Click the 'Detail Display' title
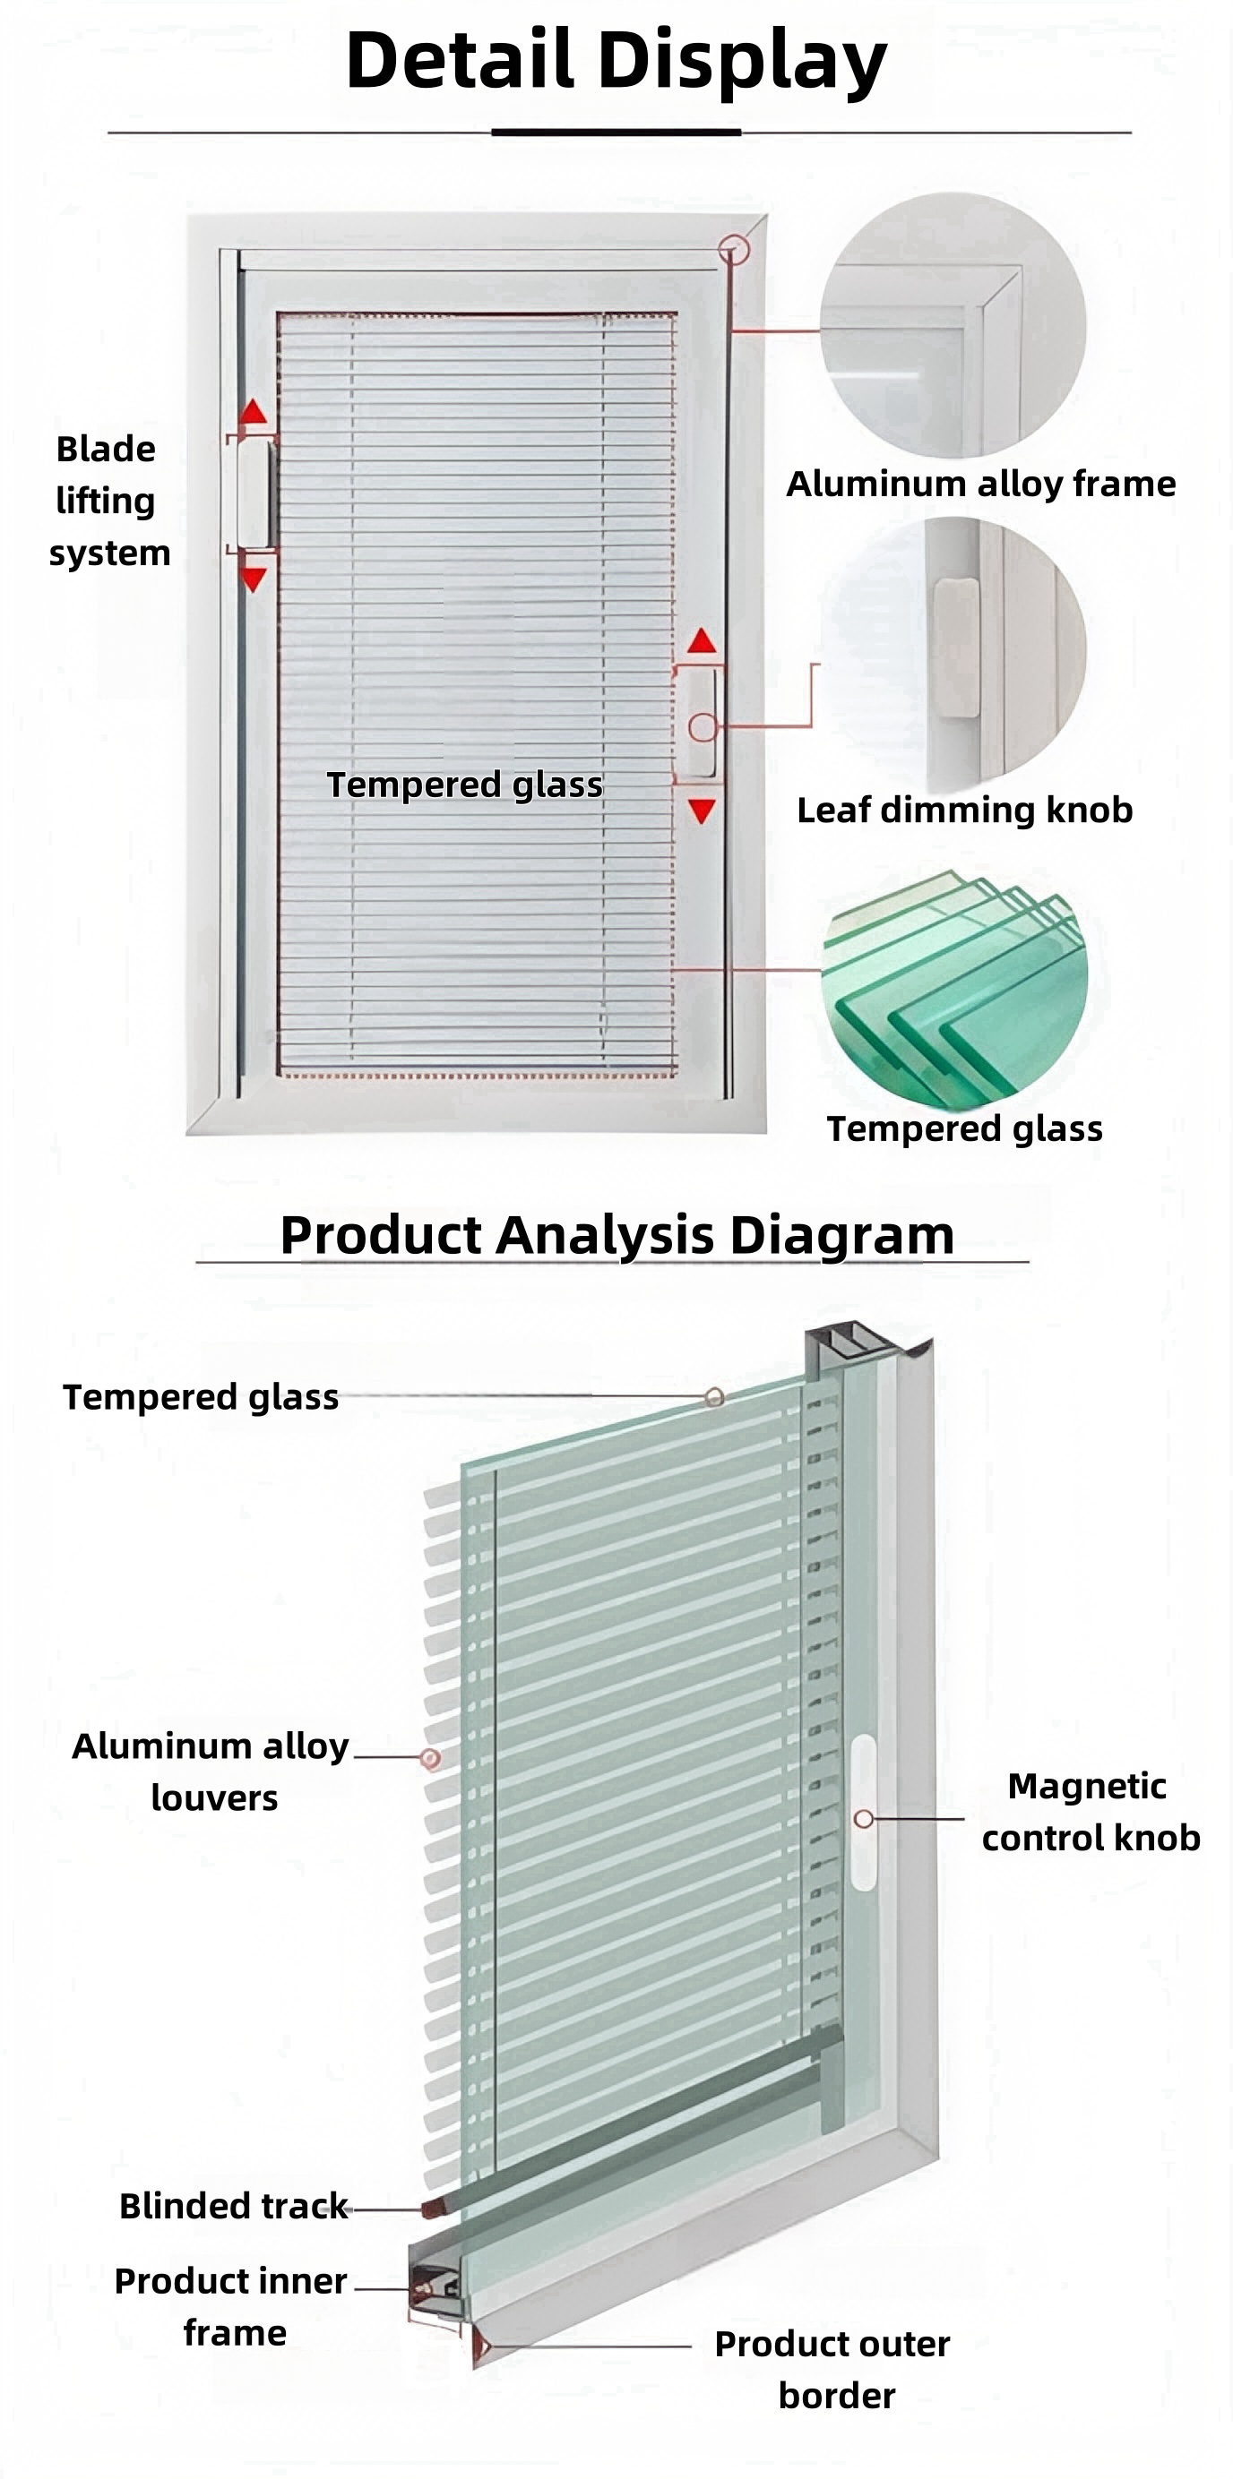coord(616,60)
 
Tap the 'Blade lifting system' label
coord(108,501)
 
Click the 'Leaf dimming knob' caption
coord(964,811)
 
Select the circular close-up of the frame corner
coord(953,325)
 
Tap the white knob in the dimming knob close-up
coord(956,647)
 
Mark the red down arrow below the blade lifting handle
coord(254,579)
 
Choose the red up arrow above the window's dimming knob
coord(703,641)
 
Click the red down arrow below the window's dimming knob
coord(703,811)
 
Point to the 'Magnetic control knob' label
coord(1091,1812)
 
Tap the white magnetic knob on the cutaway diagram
coord(864,1811)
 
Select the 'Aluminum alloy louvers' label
coord(211,1771)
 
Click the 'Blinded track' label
coord(233,2206)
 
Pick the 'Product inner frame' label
coord(231,2307)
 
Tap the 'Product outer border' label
coord(832,2370)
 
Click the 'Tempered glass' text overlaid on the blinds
coord(465,785)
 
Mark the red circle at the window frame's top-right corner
coord(734,250)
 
